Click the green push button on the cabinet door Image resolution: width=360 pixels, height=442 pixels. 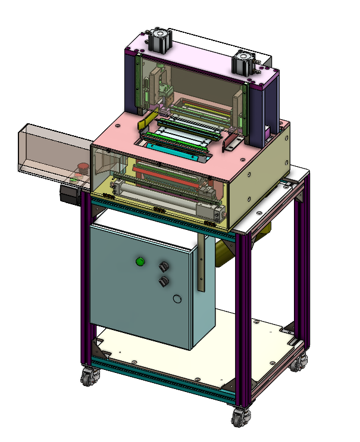pos(140,261)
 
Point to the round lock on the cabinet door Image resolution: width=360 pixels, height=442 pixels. pos(176,299)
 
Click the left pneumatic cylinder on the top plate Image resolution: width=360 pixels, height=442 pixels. pos(159,41)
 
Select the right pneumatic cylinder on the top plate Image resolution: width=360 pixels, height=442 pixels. pos(244,62)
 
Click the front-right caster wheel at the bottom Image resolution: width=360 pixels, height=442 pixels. pos(240,416)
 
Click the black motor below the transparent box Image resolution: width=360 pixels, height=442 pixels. pos(70,195)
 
